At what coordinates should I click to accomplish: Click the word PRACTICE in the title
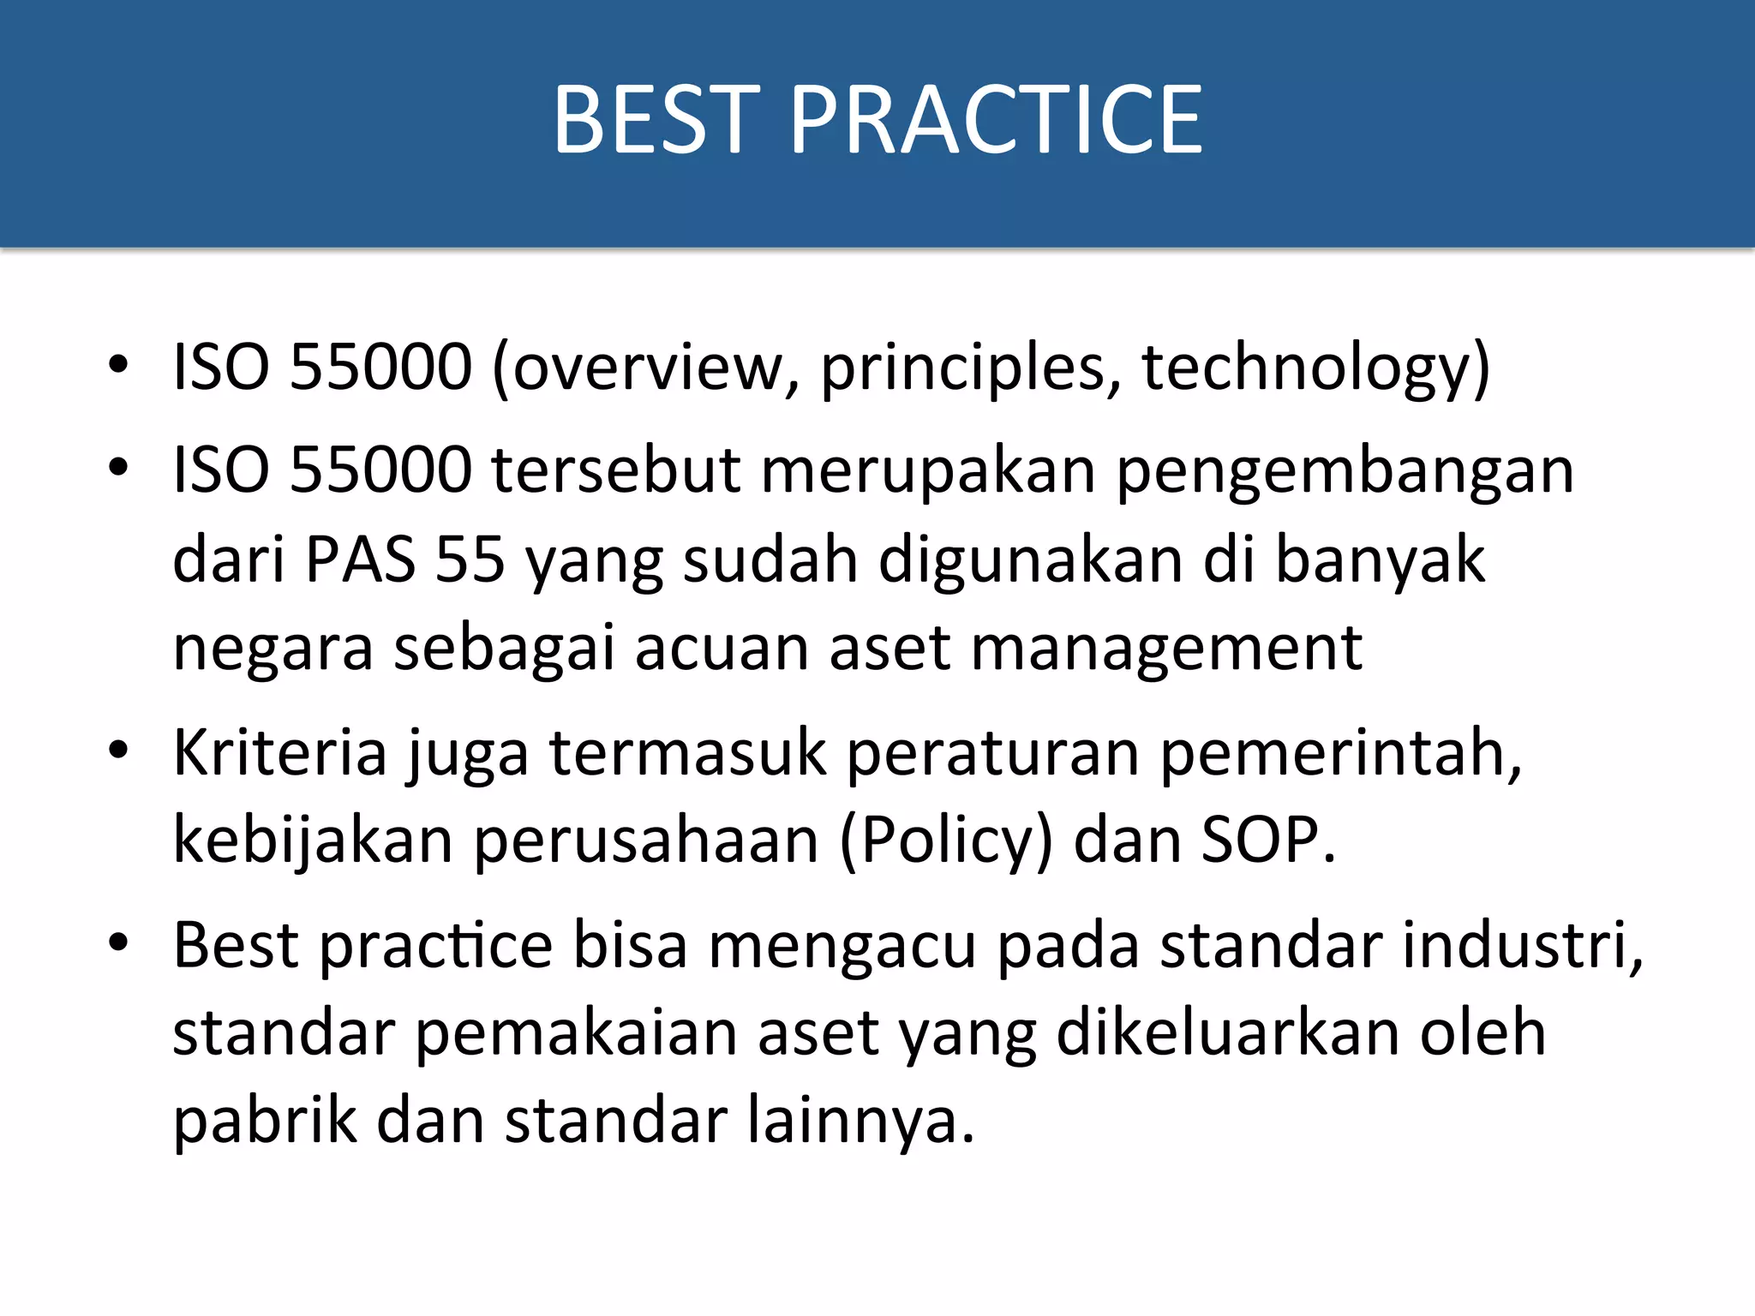pos(997,120)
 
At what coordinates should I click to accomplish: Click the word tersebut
pos(616,471)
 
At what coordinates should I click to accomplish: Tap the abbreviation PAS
pos(361,559)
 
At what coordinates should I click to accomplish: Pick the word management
pos(1166,649)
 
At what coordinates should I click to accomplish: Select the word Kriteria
pos(280,753)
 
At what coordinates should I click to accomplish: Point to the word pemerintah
pos(1339,753)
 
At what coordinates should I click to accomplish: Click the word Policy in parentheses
pos(947,841)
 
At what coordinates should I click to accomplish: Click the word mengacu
pos(842,947)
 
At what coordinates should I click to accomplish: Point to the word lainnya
pos(860,1122)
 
